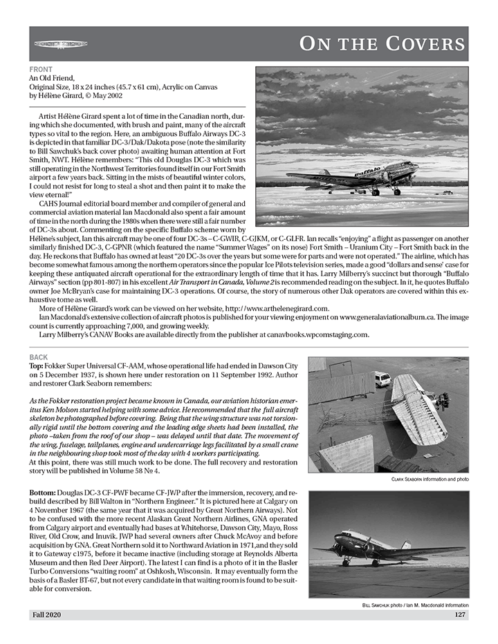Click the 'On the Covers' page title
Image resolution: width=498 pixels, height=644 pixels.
382,44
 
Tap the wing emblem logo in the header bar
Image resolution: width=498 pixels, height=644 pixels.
61,44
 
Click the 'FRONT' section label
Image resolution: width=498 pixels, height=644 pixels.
40,70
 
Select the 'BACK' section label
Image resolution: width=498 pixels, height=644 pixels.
39,357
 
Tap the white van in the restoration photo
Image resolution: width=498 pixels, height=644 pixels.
382,379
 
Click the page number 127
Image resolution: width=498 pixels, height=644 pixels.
460,614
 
